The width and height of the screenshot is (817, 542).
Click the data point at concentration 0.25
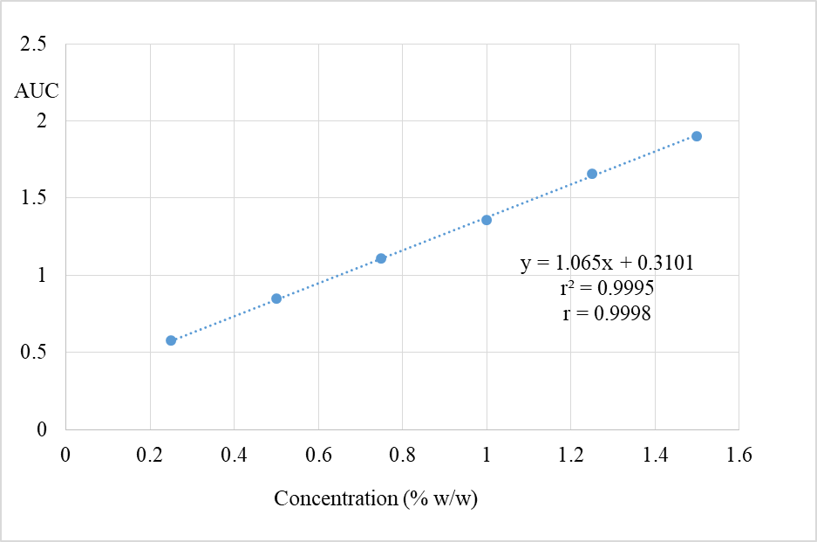171,340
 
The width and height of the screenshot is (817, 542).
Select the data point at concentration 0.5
276,298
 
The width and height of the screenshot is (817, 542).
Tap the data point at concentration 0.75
381,258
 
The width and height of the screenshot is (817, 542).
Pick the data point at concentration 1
487,220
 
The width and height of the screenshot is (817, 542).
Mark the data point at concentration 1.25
592,174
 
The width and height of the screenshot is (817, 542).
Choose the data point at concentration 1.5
697,136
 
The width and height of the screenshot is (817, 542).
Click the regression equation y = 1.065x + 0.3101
607,264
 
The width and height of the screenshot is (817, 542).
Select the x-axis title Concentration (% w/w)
377,498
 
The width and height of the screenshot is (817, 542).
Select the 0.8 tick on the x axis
403,455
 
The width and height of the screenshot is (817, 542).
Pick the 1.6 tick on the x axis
739,455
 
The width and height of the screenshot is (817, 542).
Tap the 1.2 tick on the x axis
571,455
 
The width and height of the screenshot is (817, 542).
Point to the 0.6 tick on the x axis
318,455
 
